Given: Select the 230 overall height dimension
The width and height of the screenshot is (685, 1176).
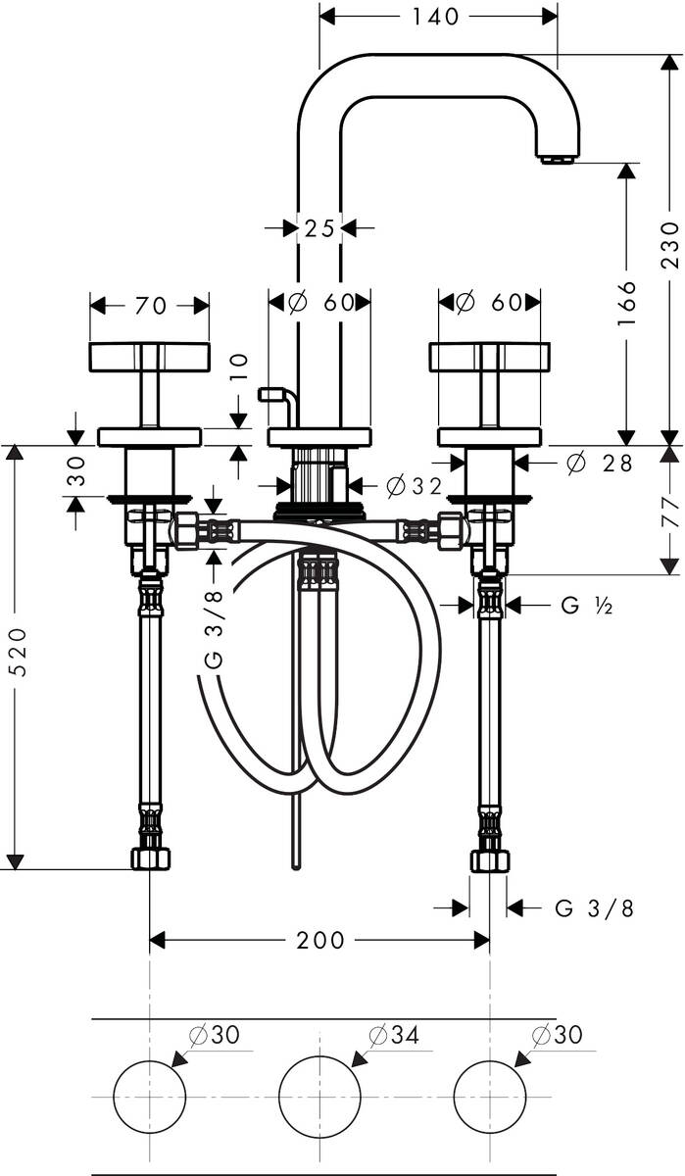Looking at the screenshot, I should tap(669, 244).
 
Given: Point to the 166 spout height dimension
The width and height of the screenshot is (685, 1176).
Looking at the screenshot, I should tap(627, 303).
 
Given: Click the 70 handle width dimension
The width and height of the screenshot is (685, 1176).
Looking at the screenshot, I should tap(150, 306).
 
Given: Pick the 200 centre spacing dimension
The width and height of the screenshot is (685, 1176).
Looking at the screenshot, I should tap(319, 941).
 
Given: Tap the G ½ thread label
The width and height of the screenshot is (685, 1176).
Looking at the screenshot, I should tap(587, 607).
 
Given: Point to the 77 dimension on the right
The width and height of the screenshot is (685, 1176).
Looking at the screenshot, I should tap(669, 510).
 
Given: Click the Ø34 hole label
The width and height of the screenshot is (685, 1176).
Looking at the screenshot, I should tap(394, 1035).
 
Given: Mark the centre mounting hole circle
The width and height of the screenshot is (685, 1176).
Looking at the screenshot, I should tap(315, 1095).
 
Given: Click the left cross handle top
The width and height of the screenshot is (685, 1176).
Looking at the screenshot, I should tap(149, 357).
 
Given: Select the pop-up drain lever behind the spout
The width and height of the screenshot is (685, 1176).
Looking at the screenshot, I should tap(277, 397).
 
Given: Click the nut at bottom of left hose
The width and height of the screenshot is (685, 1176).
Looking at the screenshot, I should tap(150, 859).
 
